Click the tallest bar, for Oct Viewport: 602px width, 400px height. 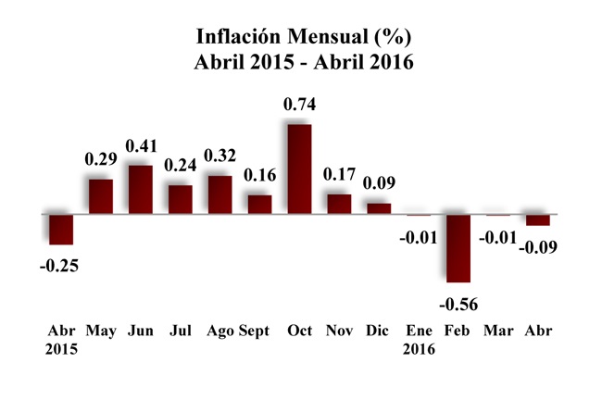[299, 169]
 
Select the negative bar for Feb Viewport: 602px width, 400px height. [458, 248]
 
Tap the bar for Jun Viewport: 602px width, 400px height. [140, 190]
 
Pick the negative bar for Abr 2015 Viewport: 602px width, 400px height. [61, 230]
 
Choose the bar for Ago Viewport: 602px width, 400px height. [219, 194]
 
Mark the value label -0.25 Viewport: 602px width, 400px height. [59, 266]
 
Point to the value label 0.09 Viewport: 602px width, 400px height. [379, 182]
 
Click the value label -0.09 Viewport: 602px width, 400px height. [538, 247]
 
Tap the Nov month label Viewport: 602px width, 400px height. [338, 330]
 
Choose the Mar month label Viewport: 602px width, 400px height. [498, 330]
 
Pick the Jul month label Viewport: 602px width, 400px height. [179, 330]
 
